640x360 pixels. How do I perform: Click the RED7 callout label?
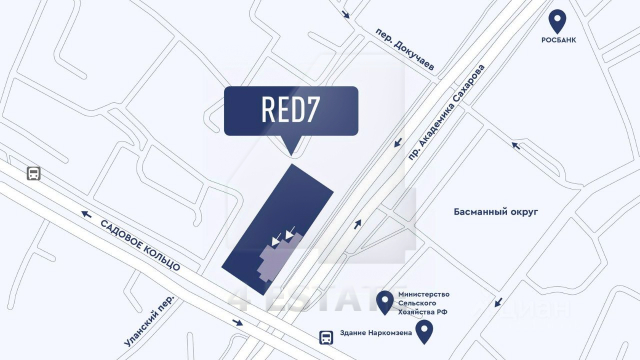pyautogui.click(x=290, y=110)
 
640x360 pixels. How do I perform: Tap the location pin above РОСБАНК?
pyautogui.click(x=557, y=20)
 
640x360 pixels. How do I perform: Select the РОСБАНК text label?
pyautogui.click(x=558, y=41)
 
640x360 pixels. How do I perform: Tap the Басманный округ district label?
pyautogui.click(x=497, y=212)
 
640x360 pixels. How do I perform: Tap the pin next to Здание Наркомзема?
pyautogui.click(x=424, y=331)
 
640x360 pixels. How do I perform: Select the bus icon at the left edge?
pyautogui.click(x=33, y=173)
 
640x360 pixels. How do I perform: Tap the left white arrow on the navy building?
pyautogui.click(x=276, y=240)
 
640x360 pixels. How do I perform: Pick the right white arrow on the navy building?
pyautogui.click(x=290, y=235)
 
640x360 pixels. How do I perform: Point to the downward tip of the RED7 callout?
pyautogui.click(x=290, y=153)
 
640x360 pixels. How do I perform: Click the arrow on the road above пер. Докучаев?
pyautogui.click(x=346, y=16)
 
